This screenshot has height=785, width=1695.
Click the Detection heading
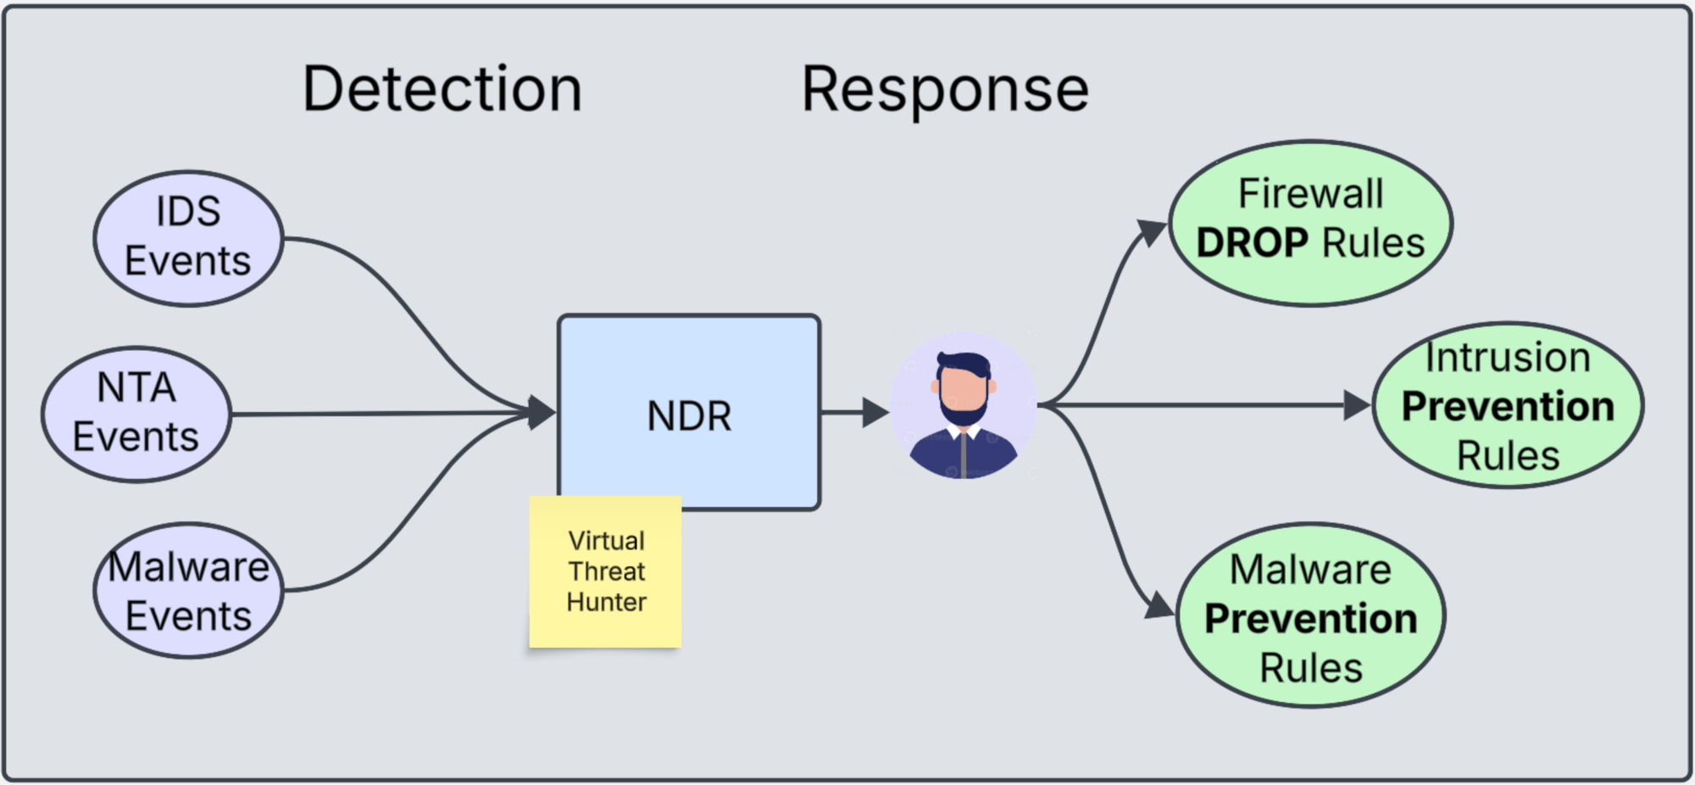coord(442,89)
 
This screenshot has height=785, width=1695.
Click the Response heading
coord(945,89)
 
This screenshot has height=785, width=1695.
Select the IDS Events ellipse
coord(188,238)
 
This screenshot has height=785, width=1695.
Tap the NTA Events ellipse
coord(136,414)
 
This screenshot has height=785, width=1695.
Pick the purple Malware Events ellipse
coord(188,591)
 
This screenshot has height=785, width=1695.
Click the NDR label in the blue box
coord(689,416)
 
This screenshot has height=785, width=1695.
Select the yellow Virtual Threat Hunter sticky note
coord(606,572)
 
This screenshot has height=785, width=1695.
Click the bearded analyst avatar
coord(964,405)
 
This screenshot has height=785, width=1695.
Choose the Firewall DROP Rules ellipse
coord(1310,223)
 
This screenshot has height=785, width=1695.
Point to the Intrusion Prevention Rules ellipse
coord(1508,405)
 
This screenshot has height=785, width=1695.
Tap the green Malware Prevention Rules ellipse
coord(1310,616)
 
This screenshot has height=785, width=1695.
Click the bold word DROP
coord(1252,244)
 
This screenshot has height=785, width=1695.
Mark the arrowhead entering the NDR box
coord(541,413)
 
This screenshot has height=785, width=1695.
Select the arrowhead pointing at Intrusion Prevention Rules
coord(1358,405)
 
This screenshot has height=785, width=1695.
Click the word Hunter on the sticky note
coord(606,603)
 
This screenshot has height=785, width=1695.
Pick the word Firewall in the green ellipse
coord(1310,194)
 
